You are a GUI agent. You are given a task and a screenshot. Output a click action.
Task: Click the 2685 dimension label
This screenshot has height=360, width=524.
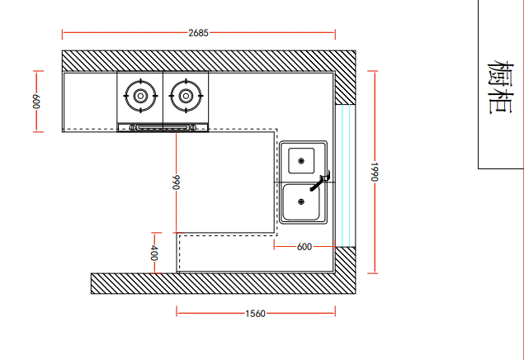click(x=199, y=33)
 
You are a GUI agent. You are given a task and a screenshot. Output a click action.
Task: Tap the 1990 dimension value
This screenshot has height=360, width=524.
click(x=375, y=172)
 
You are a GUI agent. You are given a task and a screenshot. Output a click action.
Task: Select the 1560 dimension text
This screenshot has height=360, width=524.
click(x=255, y=314)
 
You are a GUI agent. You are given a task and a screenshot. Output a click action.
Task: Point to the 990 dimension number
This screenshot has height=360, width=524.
click(x=176, y=182)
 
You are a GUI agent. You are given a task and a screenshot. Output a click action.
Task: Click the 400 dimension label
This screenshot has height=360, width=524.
click(x=154, y=253)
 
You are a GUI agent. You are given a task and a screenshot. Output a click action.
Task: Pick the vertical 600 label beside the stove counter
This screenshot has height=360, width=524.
click(x=36, y=102)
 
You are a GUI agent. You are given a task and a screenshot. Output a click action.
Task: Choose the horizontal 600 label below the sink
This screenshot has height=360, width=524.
click(x=304, y=247)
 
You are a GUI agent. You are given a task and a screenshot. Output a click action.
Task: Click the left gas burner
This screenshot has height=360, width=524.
click(x=140, y=96)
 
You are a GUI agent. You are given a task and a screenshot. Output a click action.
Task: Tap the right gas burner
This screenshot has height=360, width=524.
click(x=186, y=96)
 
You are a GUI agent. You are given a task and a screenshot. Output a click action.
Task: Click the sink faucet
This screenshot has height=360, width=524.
click(x=320, y=181)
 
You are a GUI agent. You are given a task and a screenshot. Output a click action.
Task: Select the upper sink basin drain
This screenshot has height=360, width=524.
click(x=301, y=161)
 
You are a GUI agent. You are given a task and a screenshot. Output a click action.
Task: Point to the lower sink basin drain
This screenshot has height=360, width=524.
click(x=301, y=201)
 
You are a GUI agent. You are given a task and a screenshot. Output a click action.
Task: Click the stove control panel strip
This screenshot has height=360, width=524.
click(x=163, y=127)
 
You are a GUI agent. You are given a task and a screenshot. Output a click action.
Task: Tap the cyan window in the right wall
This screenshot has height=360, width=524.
click(x=346, y=176)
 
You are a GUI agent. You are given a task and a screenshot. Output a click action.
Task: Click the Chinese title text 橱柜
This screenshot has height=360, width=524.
click(x=500, y=88)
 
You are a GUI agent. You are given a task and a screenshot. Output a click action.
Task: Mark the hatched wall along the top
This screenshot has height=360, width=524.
click(x=209, y=61)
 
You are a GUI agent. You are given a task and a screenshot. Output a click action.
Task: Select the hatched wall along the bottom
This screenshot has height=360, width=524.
click(x=224, y=283)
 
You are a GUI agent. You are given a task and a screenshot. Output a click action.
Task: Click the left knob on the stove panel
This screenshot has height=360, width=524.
click(x=133, y=127)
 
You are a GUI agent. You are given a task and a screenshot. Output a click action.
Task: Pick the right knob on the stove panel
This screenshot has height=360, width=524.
click(x=193, y=127)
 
